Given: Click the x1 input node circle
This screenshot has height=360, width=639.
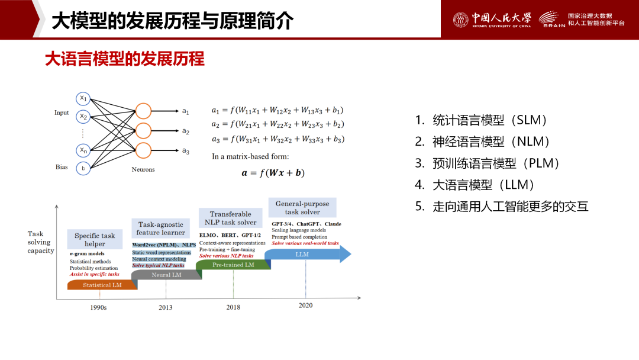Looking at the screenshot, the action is (x=83, y=99).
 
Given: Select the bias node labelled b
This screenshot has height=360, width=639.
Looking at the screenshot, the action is (x=83, y=168).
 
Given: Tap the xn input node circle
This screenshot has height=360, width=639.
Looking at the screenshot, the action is (x=83, y=150).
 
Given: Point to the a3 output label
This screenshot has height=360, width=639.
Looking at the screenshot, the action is (x=185, y=151).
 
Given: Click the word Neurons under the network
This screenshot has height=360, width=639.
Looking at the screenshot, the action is (x=143, y=169).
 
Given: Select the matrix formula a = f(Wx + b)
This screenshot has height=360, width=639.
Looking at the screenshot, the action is (x=273, y=173).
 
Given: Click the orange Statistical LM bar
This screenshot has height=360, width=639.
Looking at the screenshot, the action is (x=102, y=285).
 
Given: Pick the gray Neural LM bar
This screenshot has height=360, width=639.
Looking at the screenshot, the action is (x=166, y=275).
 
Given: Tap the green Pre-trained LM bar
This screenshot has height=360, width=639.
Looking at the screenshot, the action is (x=233, y=265).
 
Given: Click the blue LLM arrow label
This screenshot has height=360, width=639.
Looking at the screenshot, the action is (x=302, y=255).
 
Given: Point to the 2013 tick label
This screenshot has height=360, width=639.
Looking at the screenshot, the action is (x=166, y=307).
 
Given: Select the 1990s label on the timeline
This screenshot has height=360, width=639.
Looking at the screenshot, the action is (x=98, y=307).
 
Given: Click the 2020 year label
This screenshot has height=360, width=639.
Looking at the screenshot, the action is (x=306, y=306).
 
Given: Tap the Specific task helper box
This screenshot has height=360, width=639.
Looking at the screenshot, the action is (x=95, y=239).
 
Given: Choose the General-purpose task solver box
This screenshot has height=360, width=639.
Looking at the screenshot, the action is (x=302, y=207).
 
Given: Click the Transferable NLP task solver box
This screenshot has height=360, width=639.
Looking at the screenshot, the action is (x=231, y=218).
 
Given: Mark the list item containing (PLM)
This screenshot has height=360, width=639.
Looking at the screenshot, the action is (x=487, y=163).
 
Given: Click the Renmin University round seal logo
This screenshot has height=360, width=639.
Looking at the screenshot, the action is (x=460, y=20).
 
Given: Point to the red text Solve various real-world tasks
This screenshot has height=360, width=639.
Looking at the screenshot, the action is (x=305, y=243).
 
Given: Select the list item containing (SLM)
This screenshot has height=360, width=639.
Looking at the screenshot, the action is (x=480, y=120).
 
